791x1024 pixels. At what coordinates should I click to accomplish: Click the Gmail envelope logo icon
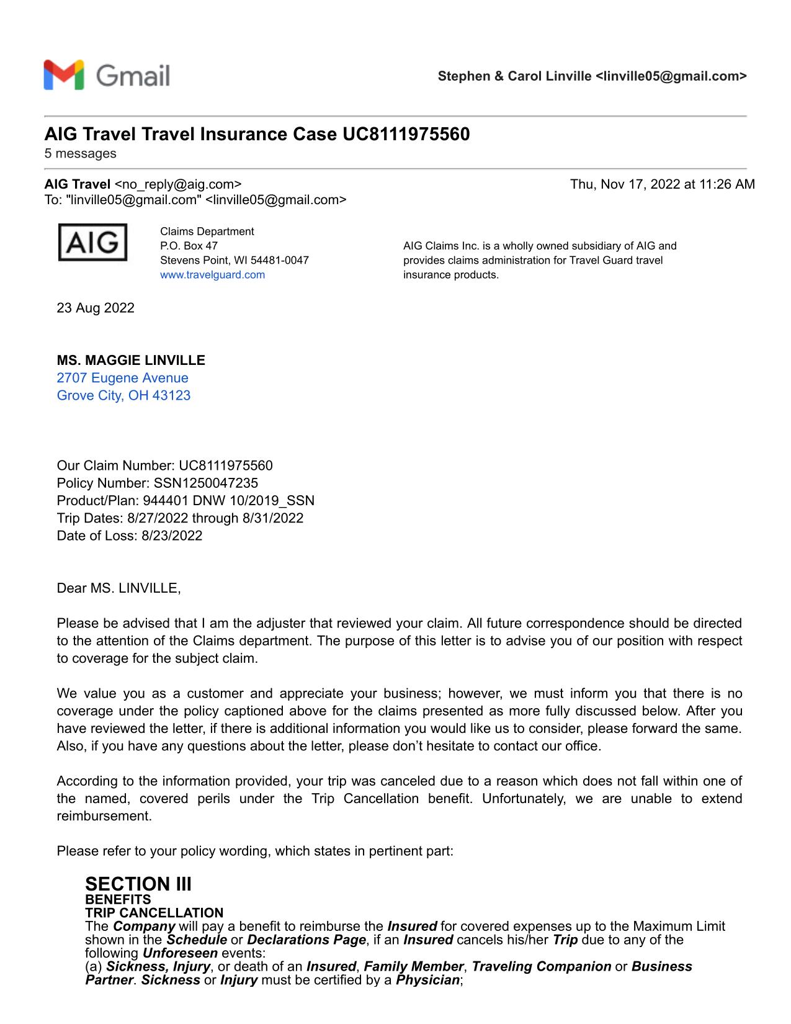click(x=63, y=75)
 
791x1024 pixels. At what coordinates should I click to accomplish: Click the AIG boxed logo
click(x=92, y=242)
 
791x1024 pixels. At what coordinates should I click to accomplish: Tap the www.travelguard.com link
click(x=212, y=275)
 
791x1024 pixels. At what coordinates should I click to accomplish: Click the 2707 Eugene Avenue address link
click(x=122, y=378)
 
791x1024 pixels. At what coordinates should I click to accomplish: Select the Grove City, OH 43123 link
click(x=123, y=395)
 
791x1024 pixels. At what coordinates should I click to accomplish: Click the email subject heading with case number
click(x=257, y=134)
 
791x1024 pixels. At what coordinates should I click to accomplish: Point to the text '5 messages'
click(x=80, y=153)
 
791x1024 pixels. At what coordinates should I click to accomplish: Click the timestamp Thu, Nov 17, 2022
click(x=662, y=184)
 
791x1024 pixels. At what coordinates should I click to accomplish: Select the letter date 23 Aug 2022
click(x=96, y=308)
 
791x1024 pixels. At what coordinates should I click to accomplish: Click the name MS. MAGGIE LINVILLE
click(x=131, y=361)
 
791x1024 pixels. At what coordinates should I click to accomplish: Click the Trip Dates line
click(x=180, y=518)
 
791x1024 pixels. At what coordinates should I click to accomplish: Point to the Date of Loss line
click(x=129, y=536)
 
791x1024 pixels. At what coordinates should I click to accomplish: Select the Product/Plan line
click(x=185, y=500)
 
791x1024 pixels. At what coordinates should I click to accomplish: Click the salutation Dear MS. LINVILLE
click(x=118, y=588)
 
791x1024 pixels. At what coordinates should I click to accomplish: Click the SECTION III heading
click(x=138, y=884)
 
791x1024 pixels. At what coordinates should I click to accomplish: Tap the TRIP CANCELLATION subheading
click(x=154, y=913)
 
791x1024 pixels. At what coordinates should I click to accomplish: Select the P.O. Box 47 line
click(x=189, y=246)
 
